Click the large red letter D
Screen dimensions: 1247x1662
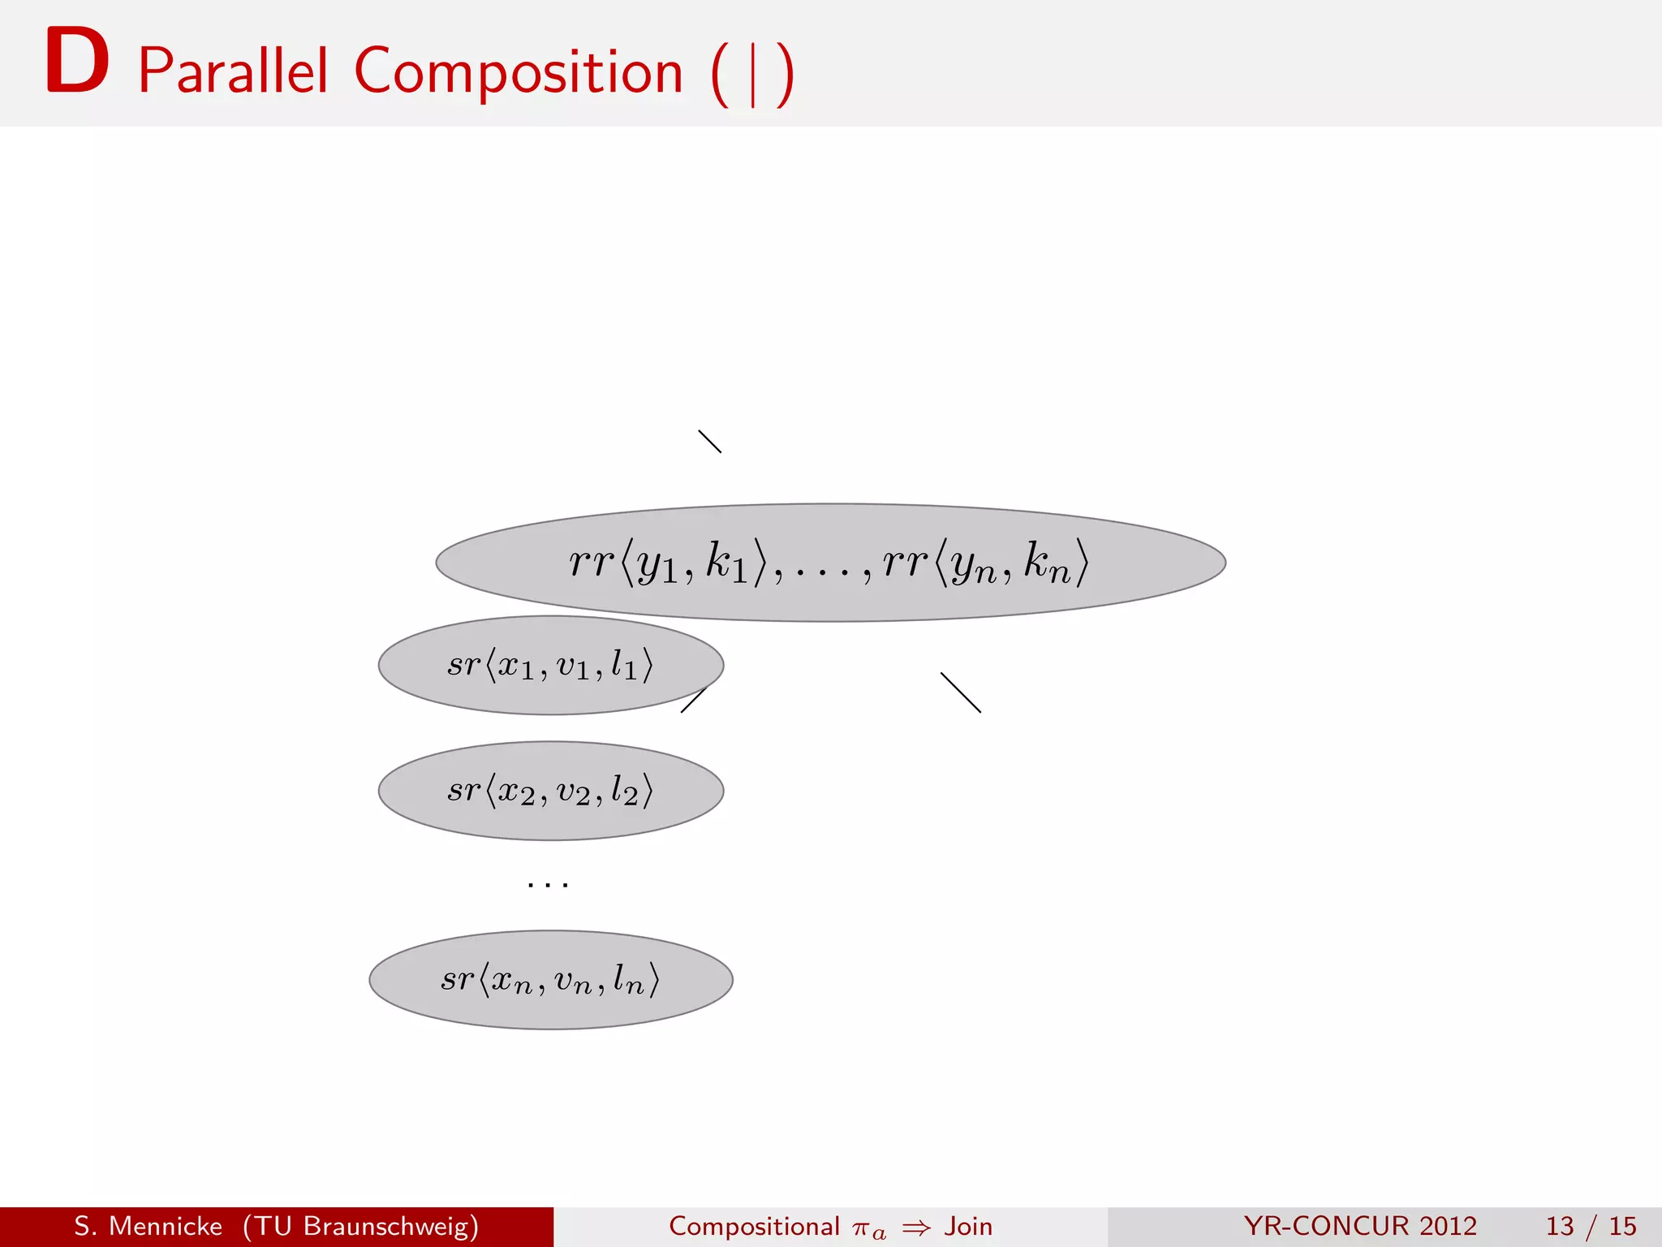77,61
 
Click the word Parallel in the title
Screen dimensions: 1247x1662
233,71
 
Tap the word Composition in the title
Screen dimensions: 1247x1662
519,71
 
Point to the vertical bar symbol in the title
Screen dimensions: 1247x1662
753,75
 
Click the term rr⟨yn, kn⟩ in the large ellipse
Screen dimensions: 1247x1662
985,562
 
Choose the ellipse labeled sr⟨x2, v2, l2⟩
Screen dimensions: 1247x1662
550,790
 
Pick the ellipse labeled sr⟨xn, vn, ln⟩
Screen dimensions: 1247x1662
550,979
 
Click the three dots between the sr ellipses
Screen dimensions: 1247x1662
548,884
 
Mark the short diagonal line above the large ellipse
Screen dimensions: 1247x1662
709,441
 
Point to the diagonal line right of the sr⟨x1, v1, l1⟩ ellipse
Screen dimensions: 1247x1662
961,693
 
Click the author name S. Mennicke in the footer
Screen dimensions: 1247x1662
148,1226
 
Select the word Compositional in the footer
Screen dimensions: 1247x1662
754,1226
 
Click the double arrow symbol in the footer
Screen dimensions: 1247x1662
916,1228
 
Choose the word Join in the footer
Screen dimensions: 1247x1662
968,1226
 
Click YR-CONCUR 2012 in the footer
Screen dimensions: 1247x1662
1359,1226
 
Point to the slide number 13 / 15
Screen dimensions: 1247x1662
1591,1226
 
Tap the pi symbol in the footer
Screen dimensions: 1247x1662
861,1228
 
